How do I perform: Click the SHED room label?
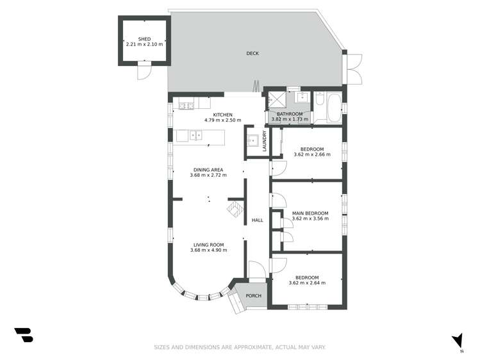point(144,39)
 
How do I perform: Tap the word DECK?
point(252,53)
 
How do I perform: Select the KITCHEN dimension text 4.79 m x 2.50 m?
point(222,120)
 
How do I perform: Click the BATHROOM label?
point(290,113)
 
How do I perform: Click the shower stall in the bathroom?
point(276,100)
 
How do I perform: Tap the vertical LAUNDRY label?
point(263,141)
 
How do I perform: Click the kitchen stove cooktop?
point(186,106)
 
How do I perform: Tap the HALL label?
point(257,220)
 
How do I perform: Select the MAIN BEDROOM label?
point(310,213)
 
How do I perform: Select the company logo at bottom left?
point(23,335)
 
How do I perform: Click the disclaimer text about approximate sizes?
point(240,347)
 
